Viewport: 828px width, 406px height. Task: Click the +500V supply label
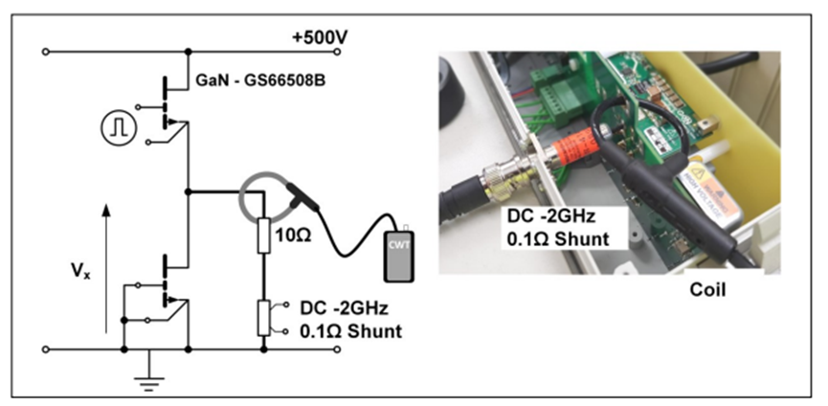tap(321, 37)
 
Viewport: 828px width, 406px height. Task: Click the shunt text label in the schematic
tap(348, 322)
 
